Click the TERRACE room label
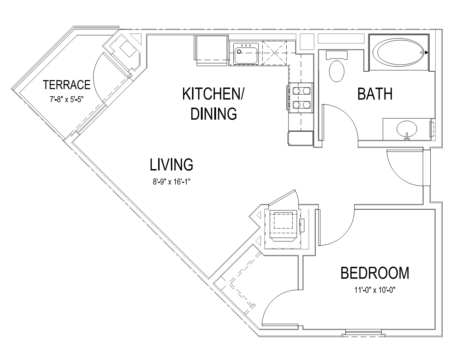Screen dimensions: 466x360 click(x=67, y=85)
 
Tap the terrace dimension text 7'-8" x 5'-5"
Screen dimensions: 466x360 click(x=66, y=100)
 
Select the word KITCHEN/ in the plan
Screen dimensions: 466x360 click(x=213, y=94)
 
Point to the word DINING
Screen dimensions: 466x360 click(x=214, y=113)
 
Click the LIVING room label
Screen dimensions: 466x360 click(x=171, y=164)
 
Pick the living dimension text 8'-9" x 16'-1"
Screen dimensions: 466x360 click(x=172, y=182)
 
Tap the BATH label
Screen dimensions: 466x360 click(x=375, y=94)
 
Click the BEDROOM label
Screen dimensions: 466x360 click(x=375, y=273)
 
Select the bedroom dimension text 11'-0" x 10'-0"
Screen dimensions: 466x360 click(x=375, y=290)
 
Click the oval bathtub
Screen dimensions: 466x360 click(x=399, y=52)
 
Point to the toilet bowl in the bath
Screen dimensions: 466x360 click(x=336, y=71)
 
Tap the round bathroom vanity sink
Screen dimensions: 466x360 click(x=407, y=129)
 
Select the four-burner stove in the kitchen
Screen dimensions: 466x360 click(x=301, y=98)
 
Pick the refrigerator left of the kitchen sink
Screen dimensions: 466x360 click(x=211, y=50)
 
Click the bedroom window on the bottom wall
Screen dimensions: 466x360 click(x=364, y=332)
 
